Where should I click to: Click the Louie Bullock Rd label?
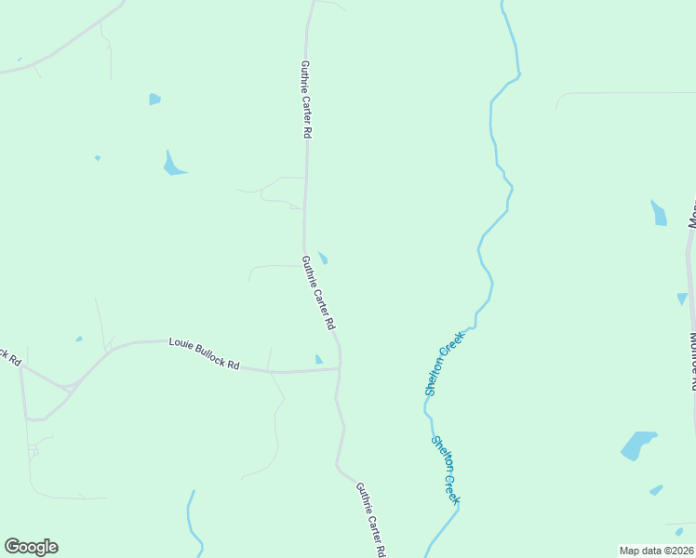(204, 354)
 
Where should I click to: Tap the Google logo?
(31, 547)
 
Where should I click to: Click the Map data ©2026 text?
(657, 551)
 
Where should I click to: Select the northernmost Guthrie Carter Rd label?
(305, 100)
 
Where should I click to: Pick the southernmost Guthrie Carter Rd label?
(370, 519)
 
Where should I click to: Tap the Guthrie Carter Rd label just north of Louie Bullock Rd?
(317, 294)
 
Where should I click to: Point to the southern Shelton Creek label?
(446, 471)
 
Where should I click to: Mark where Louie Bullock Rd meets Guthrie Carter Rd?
(339, 369)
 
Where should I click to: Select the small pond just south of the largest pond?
(656, 489)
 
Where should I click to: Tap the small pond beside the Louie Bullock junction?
(318, 360)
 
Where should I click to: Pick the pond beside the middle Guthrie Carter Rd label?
(323, 258)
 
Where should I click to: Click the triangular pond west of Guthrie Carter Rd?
(172, 165)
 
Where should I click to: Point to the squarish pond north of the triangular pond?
(154, 99)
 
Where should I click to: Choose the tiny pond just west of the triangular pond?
(97, 158)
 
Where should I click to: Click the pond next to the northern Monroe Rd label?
(659, 214)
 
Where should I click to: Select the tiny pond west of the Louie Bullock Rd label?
(79, 339)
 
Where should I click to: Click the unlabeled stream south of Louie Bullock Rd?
(192, 521)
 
